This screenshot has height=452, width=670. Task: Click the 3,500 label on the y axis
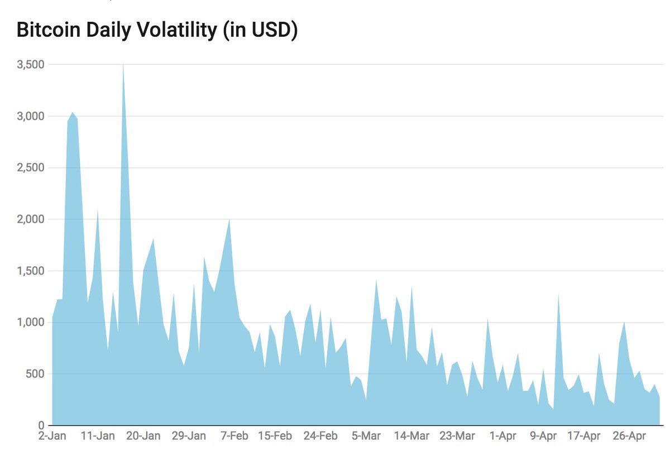(x=30, y=65)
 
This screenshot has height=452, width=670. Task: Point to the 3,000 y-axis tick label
(x=30, y=116)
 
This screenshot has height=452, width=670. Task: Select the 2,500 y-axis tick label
(x=30, y=168)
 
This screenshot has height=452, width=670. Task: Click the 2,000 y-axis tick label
(x=30, y=219)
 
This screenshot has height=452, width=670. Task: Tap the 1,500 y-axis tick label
(x=30, y=271)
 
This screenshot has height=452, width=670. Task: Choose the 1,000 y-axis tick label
(x=30, y=323)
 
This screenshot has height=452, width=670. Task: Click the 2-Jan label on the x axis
(x=52, y=436)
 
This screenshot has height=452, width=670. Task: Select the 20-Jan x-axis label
(x=144, y=436)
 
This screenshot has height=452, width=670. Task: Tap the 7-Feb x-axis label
(x=234, y=436)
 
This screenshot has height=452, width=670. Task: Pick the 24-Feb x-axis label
(x=321, y=436)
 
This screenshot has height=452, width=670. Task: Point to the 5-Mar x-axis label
(x=366, y=436)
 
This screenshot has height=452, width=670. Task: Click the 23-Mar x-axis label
(x=457, y=436)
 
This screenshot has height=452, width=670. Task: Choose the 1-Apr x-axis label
(x=502, y=436)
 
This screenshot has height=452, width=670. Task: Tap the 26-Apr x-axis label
(x=629, y=436)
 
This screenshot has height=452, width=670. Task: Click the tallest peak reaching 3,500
(x=123, y=66)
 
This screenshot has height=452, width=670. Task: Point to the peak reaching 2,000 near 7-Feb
(x=229, y=221)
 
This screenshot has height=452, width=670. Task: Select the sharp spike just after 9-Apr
(x=558, y=296)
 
